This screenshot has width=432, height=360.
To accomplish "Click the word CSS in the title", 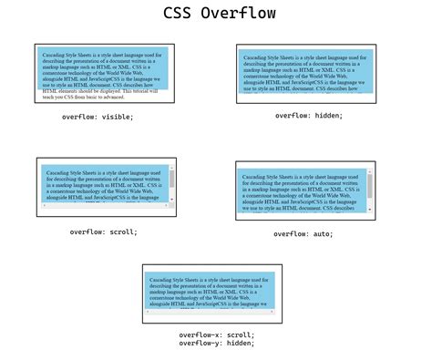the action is pyautogui.click(x=180, y=14).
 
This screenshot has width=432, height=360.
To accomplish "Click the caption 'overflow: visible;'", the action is pyautogui.click(x=98, y=117).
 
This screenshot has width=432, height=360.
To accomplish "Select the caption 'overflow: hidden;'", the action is pyautogui.click(x=309, y=116).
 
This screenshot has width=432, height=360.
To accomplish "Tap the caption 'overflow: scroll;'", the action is pyautogui.click(x=104, y=231).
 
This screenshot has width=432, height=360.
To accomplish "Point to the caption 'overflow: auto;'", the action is pyautogui.click(x=303, y=233).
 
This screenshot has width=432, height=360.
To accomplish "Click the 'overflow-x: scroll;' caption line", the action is pyautogui.click(x=217, y=334).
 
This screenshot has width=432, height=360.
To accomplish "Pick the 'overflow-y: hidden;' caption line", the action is pyautogui.click(x=217, y=343).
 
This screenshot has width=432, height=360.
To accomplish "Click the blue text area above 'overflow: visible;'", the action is pyautogui.click(x=100, y=68).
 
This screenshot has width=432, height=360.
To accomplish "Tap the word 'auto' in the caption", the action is pyautogui.click(x=321, y=233).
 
